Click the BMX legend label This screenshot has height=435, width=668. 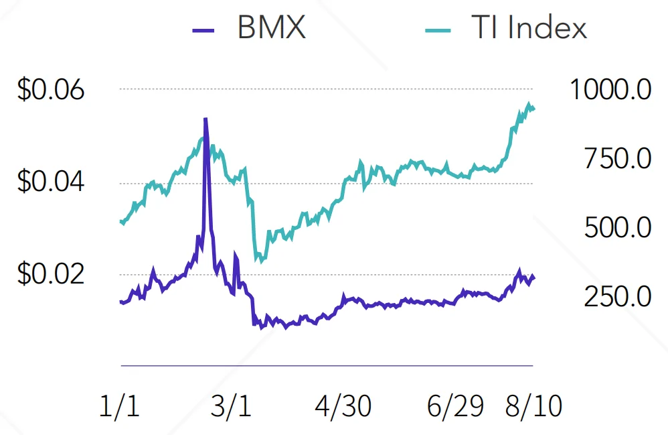271,29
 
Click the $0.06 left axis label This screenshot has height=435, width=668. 51,90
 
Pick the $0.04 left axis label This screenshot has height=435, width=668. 51,182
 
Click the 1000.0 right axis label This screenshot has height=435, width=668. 610,90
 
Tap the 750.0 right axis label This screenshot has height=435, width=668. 617,159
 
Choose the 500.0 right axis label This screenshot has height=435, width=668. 617,228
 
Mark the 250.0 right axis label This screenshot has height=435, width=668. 617,296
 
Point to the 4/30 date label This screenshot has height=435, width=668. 343,406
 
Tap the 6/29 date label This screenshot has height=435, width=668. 456,406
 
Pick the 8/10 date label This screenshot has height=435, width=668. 533,406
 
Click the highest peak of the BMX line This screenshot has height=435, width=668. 205,119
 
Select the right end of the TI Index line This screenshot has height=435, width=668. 533,109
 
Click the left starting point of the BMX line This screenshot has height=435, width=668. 121,302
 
